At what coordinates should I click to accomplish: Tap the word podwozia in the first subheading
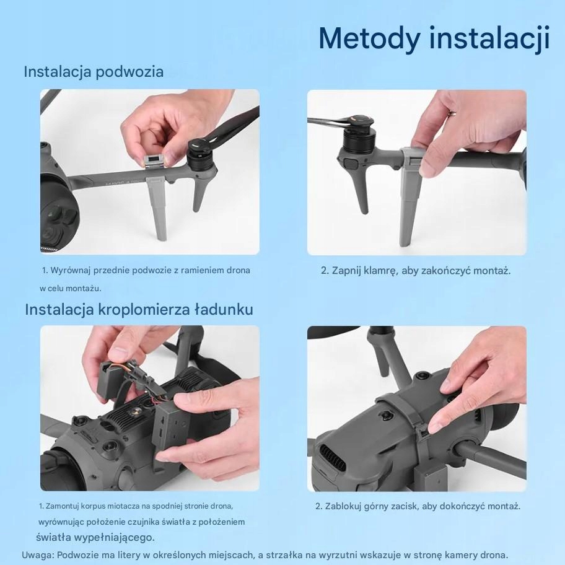click(129, 71)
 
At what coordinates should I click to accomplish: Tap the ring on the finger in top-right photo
click(451, 113)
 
